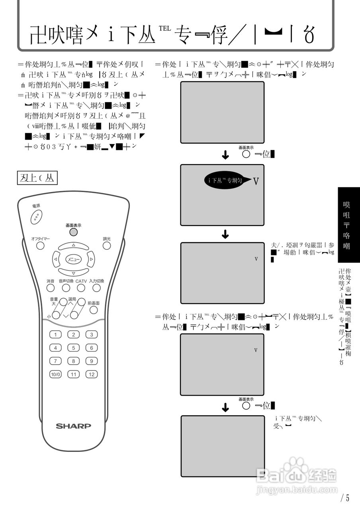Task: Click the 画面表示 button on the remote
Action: (73, 232)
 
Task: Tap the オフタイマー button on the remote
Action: (40, 245)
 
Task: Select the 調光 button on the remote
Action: (107, 245)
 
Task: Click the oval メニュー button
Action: (73, 259)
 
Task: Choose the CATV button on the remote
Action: (81, 288)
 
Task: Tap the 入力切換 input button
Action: (96, 288)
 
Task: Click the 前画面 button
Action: (94, 310)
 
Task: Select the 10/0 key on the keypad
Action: (55, 374)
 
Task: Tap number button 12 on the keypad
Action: (92, 374)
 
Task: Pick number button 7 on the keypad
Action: (55, 361)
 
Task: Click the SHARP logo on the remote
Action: (73, 426)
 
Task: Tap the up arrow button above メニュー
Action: (73, 245)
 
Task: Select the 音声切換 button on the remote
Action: (66, 288)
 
